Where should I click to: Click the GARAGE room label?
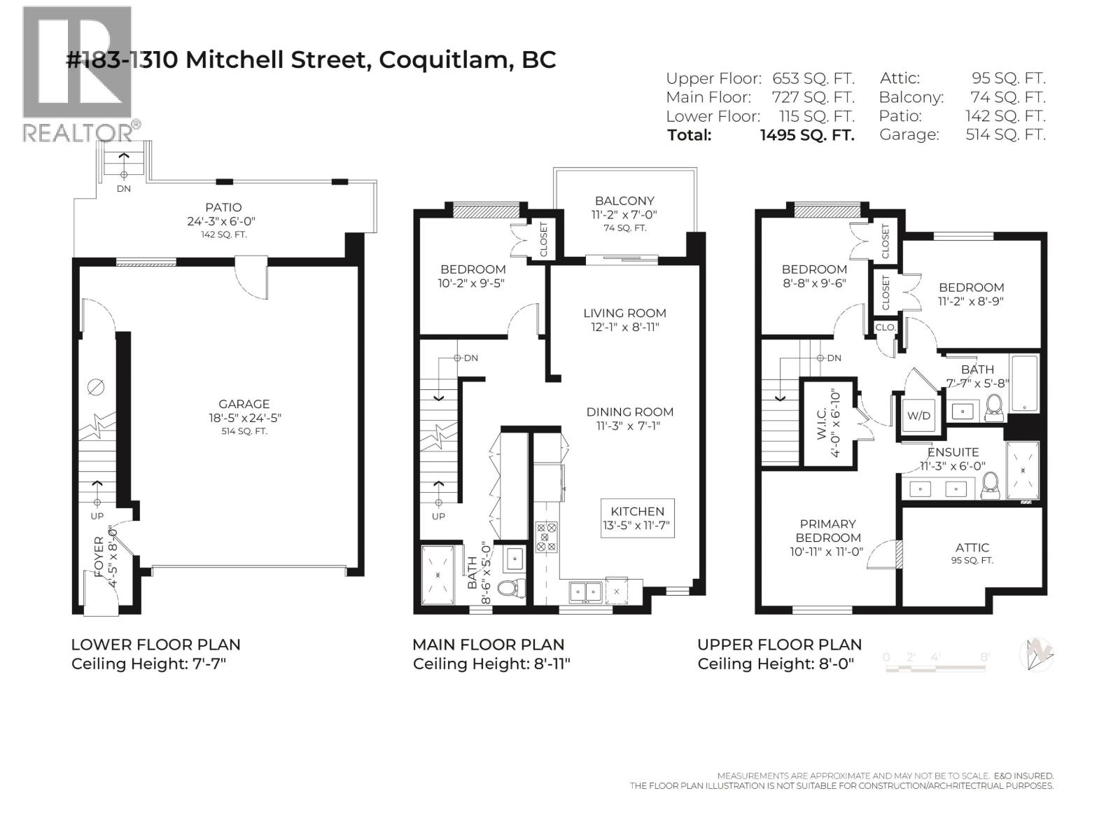244,404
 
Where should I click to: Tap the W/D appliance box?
918,415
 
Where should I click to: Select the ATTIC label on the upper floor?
972,547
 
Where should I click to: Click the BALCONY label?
624,201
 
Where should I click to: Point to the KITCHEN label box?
637,518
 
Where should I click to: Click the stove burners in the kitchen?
546,536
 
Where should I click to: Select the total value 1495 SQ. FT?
807,135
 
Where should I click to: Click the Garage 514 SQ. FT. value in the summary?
1005,135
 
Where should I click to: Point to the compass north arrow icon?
1038,655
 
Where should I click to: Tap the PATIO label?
223,207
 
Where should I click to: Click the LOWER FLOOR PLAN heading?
155,645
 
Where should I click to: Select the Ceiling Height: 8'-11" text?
491,664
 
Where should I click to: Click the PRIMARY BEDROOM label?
827,531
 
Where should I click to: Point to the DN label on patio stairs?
123,188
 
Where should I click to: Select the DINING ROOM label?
629,412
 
